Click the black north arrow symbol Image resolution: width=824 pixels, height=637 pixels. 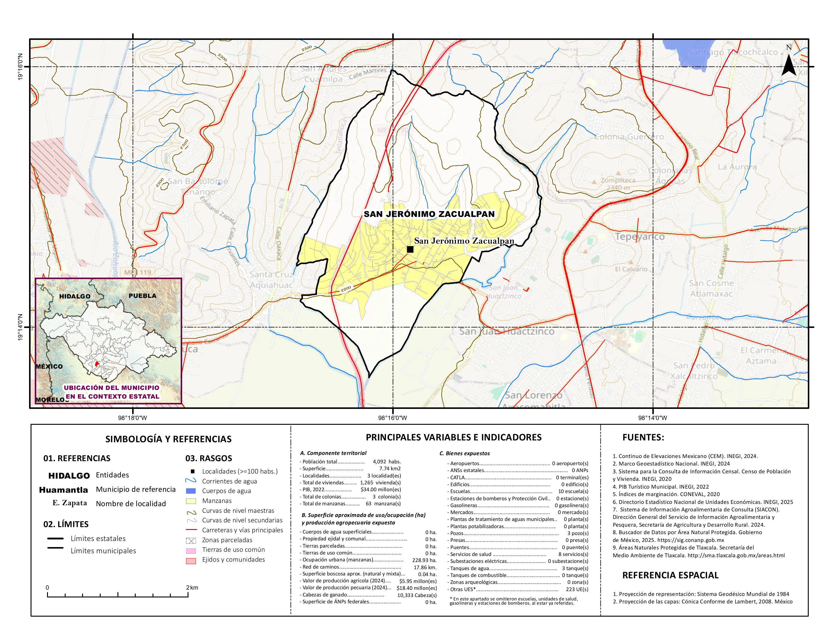pyautogui.click(x=789, y=65)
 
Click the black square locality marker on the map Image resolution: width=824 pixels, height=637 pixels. pyautogui.click(x=410, y=249)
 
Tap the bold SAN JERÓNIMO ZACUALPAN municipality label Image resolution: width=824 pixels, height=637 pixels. pyautogui.click(x=429, y=214)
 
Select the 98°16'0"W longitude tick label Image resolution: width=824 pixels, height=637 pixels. pyautogui.click(x=393, y=418)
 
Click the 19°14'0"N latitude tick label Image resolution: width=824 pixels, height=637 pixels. pyautogui.click(x=20, y=327)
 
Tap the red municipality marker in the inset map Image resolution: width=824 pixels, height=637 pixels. pyautogui.click(x=96, y=364)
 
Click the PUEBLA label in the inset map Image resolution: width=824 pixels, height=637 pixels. pyautogui.click(x=142, y=296)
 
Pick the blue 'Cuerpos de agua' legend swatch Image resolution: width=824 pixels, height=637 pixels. pyautogui.click(x=191, y=491)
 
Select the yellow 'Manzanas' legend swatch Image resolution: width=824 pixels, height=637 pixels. pyautogui.click(x=191, y=501)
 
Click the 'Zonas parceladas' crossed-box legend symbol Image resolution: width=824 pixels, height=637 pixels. pyautogui.click(x=191, y=540)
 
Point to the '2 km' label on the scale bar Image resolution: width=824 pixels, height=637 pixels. pyautogui.click(x=192, y=588)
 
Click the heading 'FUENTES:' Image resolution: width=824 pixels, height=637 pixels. pyautogui.click(x=643, y=437)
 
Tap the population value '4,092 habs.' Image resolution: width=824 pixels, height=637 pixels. pyautogui.click(x=387, y=462)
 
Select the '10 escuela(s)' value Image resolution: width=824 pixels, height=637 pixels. pyautogui.click(x=573, y=491)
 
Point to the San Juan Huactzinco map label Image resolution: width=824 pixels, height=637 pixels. pyautogui.click(x=506, y=331)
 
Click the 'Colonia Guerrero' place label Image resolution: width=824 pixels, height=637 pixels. pyautogui.click(x=629, y=137)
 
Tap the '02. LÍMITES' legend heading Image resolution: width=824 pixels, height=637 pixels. pyautogui.click(x=66, y=524)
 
